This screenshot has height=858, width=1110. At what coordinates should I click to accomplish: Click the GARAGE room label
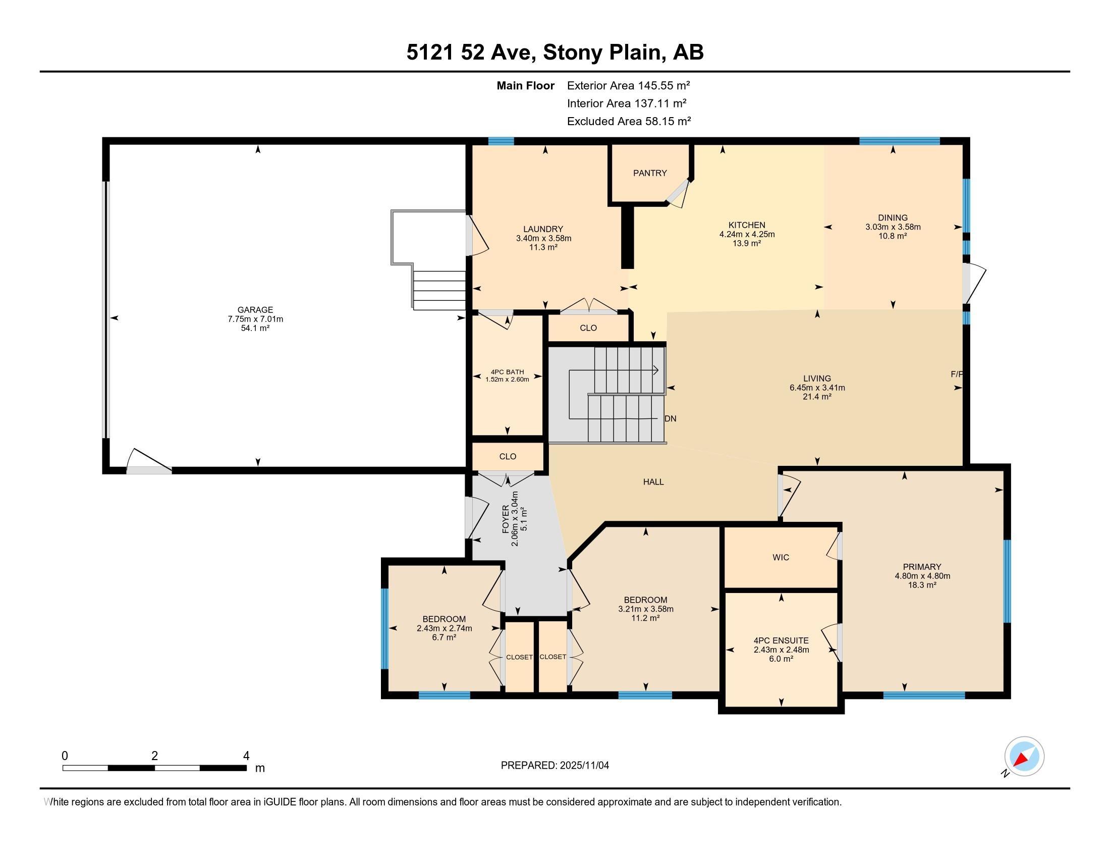255,309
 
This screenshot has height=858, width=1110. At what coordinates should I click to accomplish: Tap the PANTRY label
650,173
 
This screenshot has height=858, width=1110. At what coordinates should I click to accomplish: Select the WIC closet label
781,558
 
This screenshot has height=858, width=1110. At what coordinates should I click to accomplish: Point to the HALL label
653,482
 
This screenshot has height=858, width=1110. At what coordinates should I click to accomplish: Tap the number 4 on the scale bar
247,756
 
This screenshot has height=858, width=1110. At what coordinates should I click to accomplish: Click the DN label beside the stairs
671,419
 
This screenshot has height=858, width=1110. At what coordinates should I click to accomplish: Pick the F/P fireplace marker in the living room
957,374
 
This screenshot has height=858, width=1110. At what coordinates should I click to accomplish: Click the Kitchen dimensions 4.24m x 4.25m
747,234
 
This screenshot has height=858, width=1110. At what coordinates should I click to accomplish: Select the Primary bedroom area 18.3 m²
922,585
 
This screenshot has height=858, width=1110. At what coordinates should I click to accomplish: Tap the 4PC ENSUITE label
781,640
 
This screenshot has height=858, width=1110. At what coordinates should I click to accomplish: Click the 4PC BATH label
507,372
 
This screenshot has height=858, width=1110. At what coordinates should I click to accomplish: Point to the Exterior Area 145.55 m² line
628,85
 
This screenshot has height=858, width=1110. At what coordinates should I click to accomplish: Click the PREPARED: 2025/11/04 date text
555,766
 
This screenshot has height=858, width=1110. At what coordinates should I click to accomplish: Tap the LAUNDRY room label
543,229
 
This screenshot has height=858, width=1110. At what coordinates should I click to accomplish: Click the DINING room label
893,218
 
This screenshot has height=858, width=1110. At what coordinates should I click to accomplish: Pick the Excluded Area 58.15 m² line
629,121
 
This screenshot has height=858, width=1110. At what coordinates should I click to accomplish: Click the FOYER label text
506,519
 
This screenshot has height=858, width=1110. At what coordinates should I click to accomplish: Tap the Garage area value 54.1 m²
255,329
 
